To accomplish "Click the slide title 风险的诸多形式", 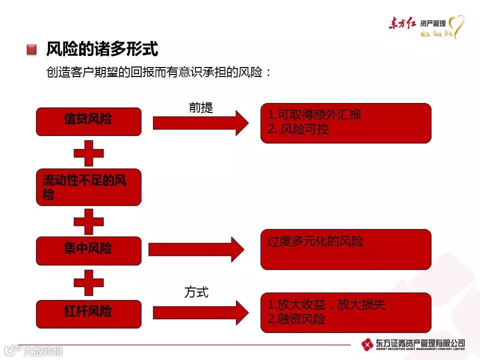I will click(x=102, y=49).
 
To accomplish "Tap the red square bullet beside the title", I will click(x=32, y=49).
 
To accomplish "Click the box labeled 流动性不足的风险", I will click(x=88, y=187).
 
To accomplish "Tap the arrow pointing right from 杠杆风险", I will click(x=200, y=312).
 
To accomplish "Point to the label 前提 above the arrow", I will click(x=201, y=107).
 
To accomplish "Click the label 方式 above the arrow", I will click(x=196, y=292).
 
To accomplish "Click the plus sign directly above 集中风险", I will click(x=89, y=220).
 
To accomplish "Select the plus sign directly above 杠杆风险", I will click(x=89, y=282).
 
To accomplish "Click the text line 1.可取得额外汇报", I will click(x=314, y=114).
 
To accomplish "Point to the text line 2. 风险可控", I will click(x=298, y=129).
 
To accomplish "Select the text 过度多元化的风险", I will click(x=315, y=241).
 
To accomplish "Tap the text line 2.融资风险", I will click(x=296, y=319).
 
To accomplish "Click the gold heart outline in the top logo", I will click(x=456, y=26).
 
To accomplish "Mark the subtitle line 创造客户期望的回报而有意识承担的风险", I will click(x=158, y=72).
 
